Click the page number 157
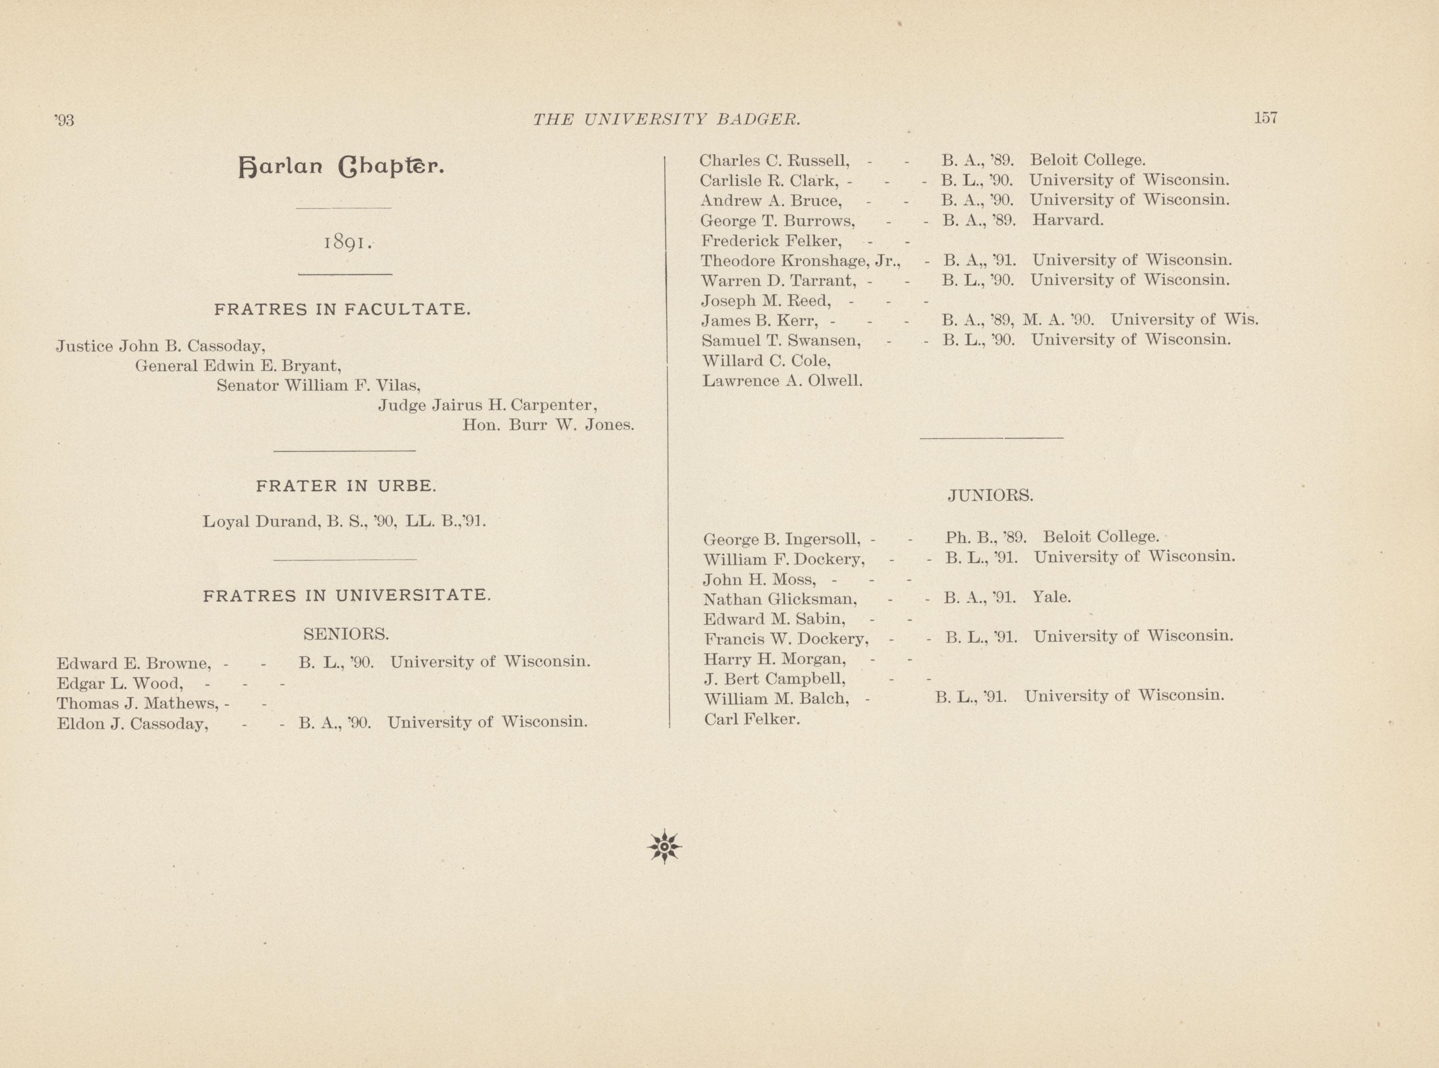pos(1265,118)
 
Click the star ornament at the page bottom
pos(664,846)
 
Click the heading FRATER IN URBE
pos(346,486)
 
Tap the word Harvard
pos(1067,220)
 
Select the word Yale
pos(1052,597)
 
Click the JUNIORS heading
pos(990,495)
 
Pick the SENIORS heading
pos(346,634)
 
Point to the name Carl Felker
pos(752,719)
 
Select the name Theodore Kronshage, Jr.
pos(800,261)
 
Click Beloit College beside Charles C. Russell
pos(1087,160)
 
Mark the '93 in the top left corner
pos(65,120)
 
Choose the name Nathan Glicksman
pos(780,599)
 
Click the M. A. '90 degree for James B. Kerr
pos(1058,319)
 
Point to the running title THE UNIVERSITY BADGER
pos(667,119)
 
